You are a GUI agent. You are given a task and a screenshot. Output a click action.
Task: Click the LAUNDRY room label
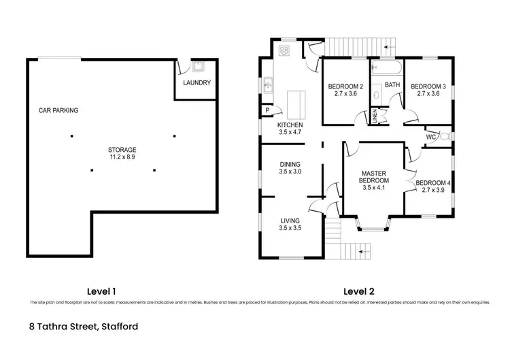click(x=197, y=83)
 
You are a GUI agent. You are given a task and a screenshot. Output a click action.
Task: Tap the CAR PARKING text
click(x=58, y=110)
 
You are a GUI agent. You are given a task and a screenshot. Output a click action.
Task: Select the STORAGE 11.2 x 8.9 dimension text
click(x=122, y=158)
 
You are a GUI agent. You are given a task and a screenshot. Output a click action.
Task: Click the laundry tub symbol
click(x=199, y=67)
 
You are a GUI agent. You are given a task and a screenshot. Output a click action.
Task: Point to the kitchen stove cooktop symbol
click(x=284, y=50)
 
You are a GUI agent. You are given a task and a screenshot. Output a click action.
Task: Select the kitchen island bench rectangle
click(x=295, y=105)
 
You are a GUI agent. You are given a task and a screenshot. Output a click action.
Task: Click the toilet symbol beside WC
click(x=444, y=136)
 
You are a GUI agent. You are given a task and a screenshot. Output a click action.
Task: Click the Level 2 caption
click(x=360, y=291)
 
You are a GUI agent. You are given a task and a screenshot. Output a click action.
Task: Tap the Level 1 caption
click(x=102, y=291)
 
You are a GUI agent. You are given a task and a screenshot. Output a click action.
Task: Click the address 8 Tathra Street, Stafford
click(x=84, y=327)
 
